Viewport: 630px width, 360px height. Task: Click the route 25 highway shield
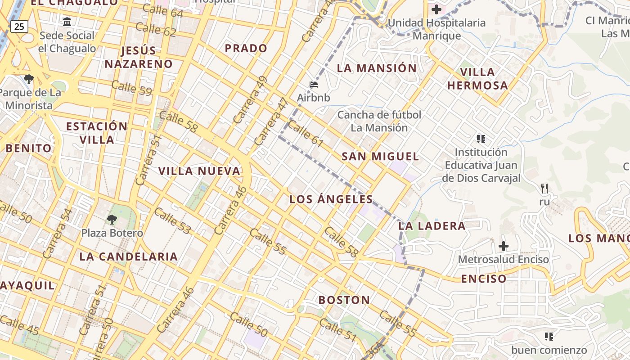(x=19, y=27)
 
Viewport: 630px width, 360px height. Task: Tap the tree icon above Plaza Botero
(x=112, y=220)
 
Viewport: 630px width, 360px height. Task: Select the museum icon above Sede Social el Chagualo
(x=67, y=22)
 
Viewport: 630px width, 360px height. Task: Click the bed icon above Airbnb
(x=314, y=84)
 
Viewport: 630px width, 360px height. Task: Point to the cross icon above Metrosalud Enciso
(x=504, y=246)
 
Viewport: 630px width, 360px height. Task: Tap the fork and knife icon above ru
(x=544, y=188)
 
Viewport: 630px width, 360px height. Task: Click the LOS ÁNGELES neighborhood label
(x=331, y=199)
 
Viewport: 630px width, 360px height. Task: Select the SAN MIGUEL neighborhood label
(x=380, y=157)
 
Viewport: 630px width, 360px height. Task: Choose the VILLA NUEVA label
(x=199, y=171)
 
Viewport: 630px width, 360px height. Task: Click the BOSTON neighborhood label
(x=344, y=300)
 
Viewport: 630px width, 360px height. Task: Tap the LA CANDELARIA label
(x=129, y=257)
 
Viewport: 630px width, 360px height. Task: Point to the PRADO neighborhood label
(x=246, y=48)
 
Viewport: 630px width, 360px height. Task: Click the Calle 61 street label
(x=306, y=134)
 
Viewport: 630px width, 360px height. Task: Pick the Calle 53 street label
(x=172, y=220)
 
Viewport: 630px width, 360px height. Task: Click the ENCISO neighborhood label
(x=484, y=279)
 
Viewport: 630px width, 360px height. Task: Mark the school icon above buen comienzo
(x=549, y=336)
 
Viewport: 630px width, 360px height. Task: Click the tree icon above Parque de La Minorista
(x=29, y=80)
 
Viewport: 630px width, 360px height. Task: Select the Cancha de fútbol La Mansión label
(x=379, y=121)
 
